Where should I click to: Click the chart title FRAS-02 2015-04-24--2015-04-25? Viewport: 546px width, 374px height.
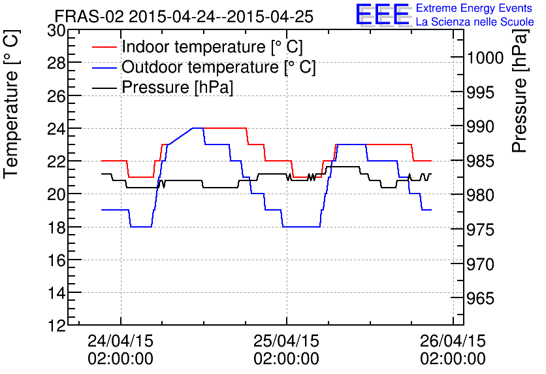(184, 16)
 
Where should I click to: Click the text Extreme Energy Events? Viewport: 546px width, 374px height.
(474, 8)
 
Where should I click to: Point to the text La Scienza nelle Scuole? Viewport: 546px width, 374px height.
(475, 22)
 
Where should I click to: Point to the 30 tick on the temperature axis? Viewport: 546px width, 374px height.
(57, 30)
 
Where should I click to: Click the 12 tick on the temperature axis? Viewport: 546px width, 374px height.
(57, 326)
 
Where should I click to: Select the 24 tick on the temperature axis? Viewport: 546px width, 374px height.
(57, 128)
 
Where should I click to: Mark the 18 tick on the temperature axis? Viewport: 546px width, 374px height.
(57, 227)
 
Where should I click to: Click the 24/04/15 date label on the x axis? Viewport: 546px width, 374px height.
(120, 341)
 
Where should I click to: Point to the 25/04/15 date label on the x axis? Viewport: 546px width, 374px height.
(286, 341)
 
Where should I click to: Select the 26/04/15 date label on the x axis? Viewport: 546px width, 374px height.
(453, 341)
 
